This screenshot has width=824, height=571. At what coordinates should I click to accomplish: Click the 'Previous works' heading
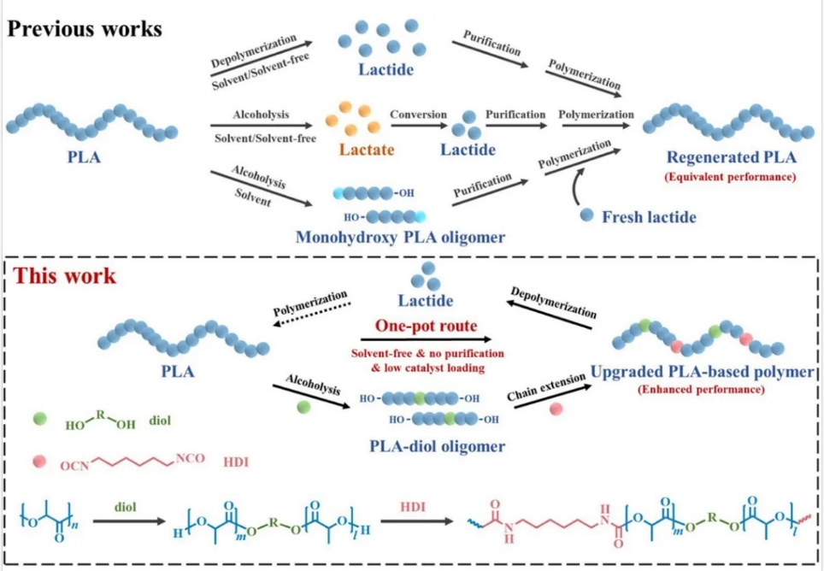pyautogui.click(x=85, y=27)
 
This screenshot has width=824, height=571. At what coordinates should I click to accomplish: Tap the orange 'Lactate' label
pyautogui.click(x=365, y=150)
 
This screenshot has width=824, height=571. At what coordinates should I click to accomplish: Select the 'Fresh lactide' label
pyautogui.click(x=649, y=217)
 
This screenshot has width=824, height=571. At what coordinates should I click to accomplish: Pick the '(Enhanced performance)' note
pyautogui.click(x=701, y=390)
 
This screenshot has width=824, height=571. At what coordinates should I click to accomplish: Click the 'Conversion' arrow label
pyautogui.click(x=419, y=114)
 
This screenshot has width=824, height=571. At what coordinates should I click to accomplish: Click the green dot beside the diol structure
pyautogui.click(x=39, y=419)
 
